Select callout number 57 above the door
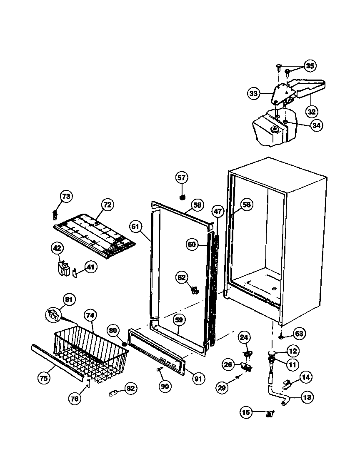coord(182,178)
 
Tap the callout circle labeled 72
coord(107,205)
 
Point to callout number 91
coord(197,379)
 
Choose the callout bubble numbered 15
coord(246,412)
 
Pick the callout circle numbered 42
coord(57,249)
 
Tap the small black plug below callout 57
coord(182,196)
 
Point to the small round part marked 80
coord(124,344)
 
